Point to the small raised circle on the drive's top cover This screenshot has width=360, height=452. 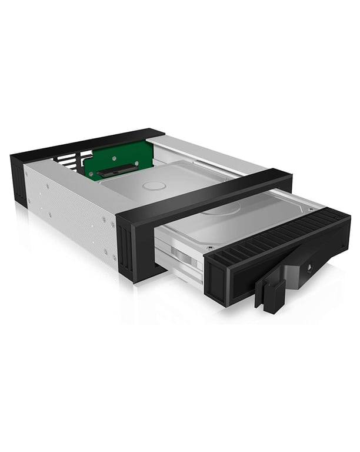pos(155,186)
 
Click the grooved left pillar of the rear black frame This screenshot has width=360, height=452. pos(18,180)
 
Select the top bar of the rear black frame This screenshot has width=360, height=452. pos(88,141)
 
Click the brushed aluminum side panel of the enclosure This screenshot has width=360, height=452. pos(71,212)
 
